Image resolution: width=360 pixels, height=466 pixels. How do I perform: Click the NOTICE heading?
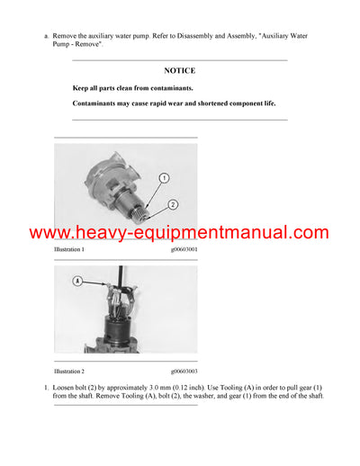coord(180,70)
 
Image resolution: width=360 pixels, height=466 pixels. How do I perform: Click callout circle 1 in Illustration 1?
coord(165,178)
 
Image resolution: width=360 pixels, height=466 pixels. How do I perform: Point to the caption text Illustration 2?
coord(70,371)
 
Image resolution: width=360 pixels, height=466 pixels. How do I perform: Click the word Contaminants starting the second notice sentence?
coord(97,103)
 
